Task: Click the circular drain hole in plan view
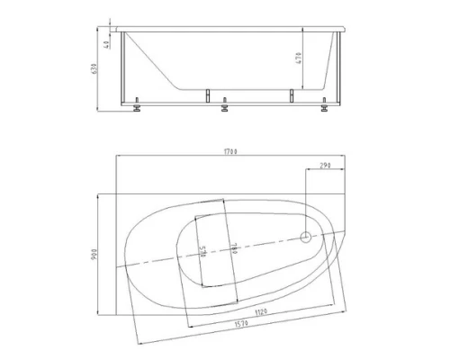pyautogui.click(x=306, y=238)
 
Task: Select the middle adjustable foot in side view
pyautogui.click(x=225, y=108)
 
